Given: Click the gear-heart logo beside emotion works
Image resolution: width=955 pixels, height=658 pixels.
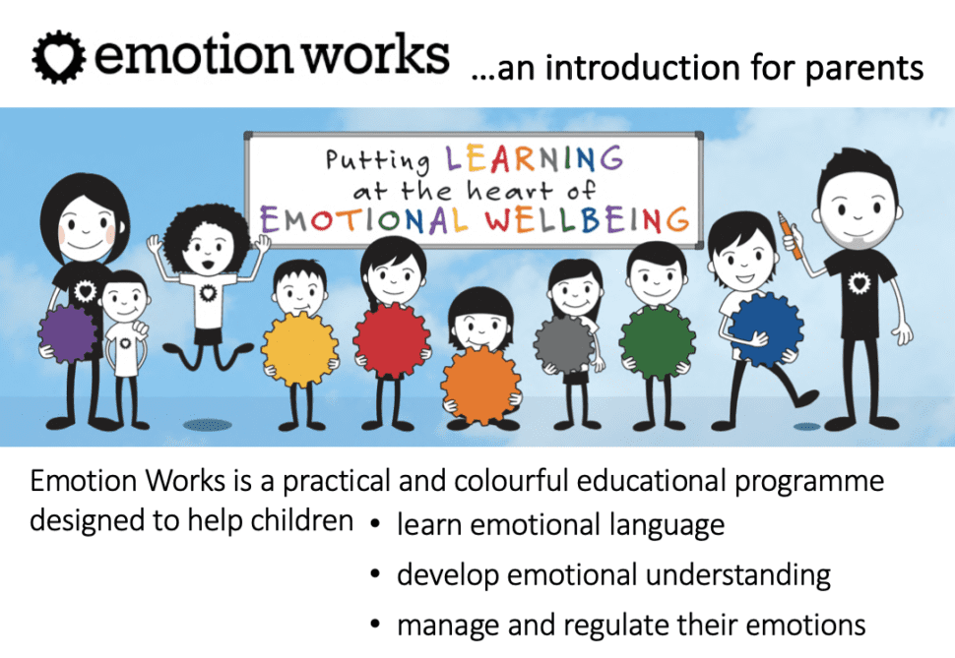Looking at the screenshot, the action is click(59, 57).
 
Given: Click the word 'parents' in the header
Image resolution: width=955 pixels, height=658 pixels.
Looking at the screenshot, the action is click(864, 68).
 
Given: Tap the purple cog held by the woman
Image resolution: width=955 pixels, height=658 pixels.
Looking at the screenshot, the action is click(68, 334).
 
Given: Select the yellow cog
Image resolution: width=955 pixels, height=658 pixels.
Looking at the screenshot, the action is click(299, 350).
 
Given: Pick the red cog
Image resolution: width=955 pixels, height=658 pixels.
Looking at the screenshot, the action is click(392, 340).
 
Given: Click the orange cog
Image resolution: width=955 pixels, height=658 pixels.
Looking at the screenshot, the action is click(480, 387).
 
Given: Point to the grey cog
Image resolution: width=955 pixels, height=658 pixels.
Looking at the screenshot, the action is click(564, 344).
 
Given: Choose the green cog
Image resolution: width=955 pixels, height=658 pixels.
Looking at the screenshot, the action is click(657, 341).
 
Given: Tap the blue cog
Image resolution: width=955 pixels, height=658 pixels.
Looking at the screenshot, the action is click(766, 329).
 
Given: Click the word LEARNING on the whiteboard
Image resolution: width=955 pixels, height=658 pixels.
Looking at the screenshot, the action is click(535, 159).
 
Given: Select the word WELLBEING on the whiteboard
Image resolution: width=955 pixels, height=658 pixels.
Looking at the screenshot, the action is click(587, 219).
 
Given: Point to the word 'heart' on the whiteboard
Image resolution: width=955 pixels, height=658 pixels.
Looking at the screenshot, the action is click(509, 190).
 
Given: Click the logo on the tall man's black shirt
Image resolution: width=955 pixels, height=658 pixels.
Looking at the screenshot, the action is click(859, 282).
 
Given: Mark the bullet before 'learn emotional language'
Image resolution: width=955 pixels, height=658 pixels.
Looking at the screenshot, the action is click(375, 523).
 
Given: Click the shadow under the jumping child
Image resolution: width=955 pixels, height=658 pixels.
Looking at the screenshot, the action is click(208, 425).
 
